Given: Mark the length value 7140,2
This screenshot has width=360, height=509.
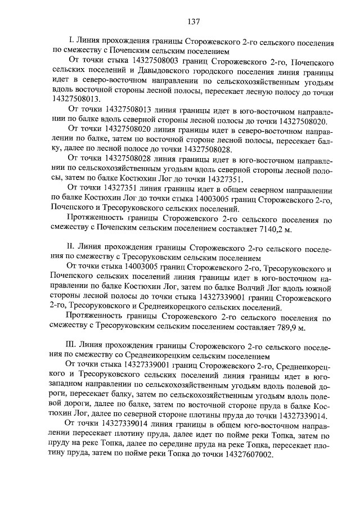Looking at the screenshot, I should pos(280,228).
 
